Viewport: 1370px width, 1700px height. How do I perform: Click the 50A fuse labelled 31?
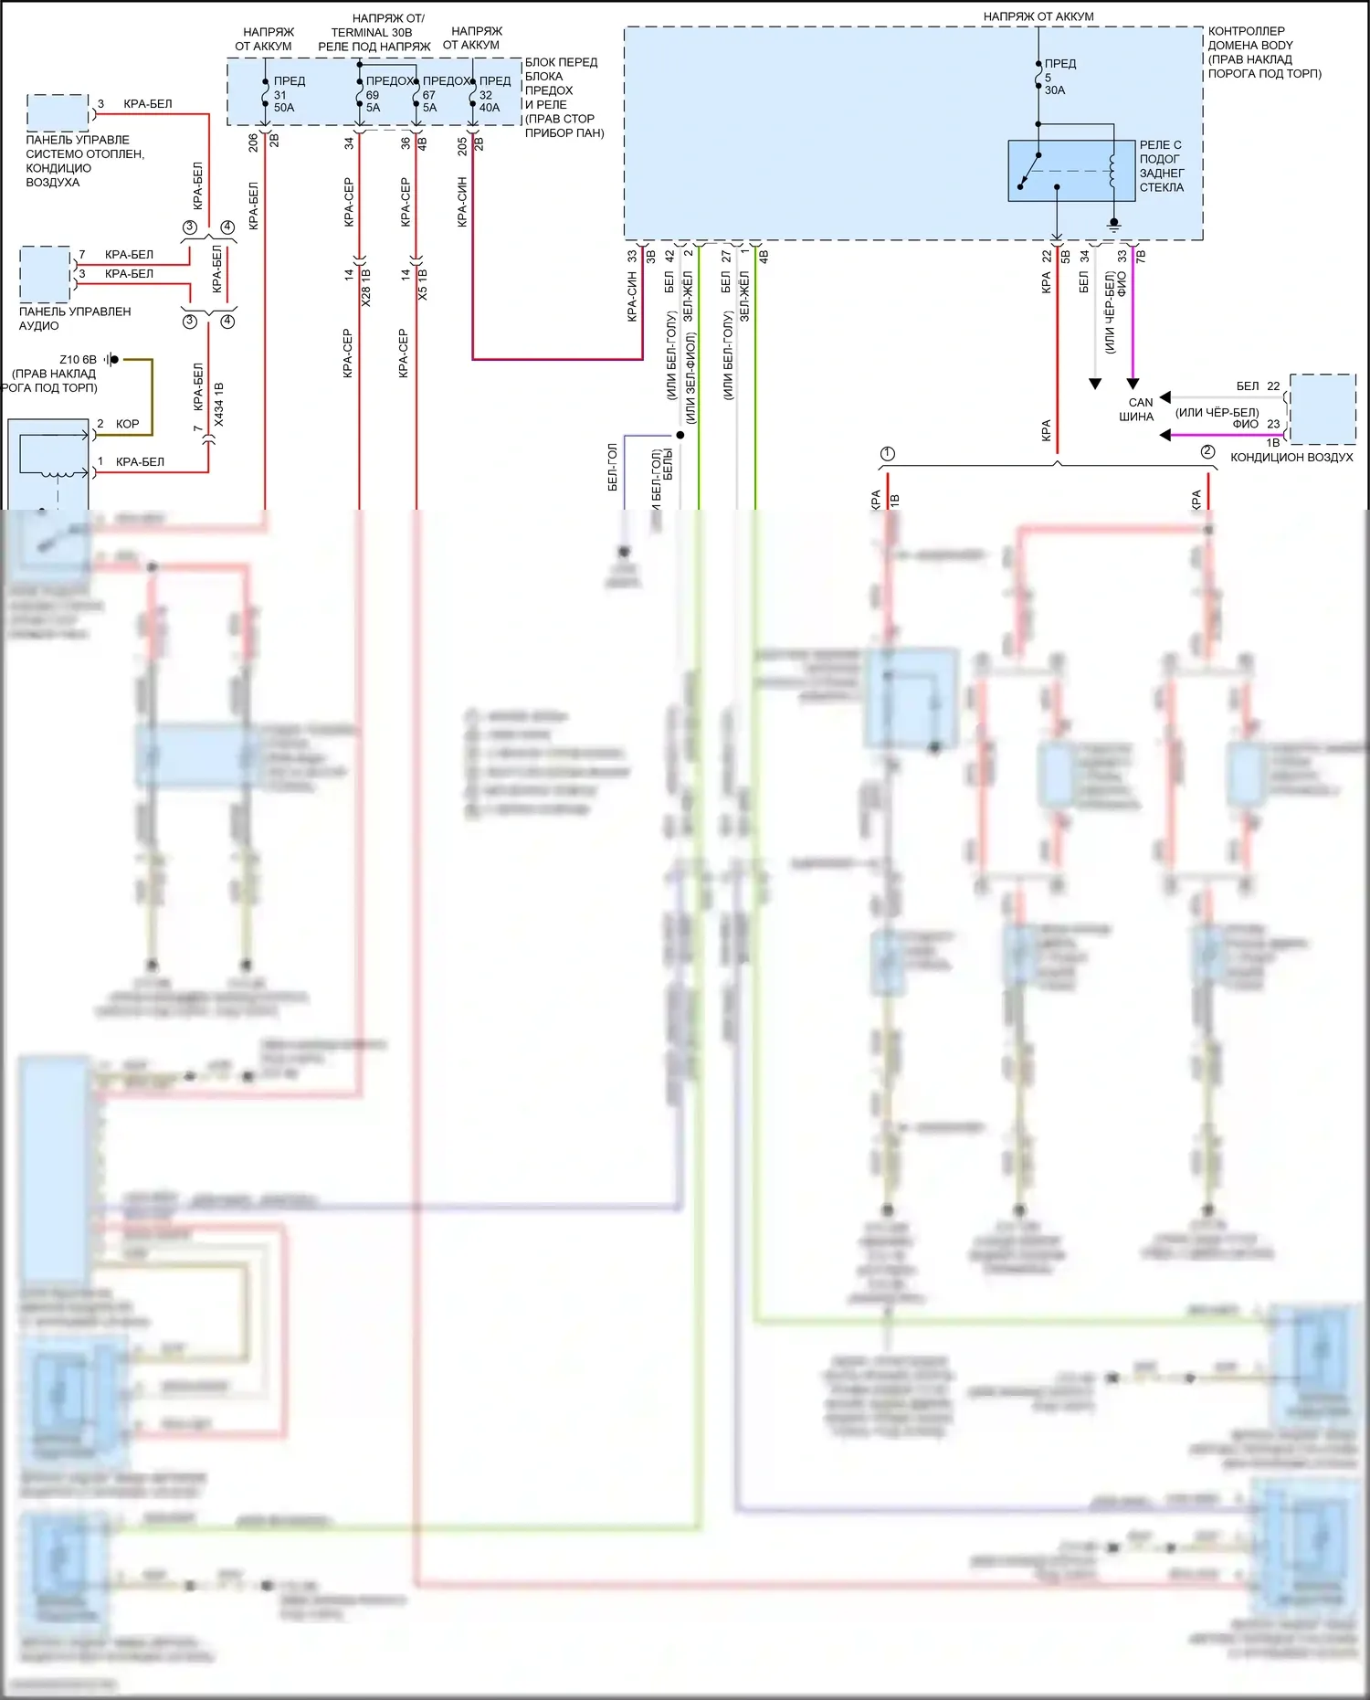[x=266, y=94]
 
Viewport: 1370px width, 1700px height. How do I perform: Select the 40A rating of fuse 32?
[x=490, y=108]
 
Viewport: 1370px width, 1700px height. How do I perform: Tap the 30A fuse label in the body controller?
[x=1055, y=90]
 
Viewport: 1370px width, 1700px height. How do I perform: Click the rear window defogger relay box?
[x=1071, y=170]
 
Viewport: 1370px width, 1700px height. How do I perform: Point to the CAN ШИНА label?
[x=1138, y=409]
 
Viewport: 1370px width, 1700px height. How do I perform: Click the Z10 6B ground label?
[x=78, y=360]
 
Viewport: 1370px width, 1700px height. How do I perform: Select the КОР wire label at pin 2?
[x=128, y=424]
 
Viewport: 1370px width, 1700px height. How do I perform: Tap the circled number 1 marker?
[x=888, y=454]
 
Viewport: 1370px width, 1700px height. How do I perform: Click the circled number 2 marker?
[x=1207, y=451]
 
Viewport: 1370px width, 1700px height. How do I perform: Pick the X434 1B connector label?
[x=218, y=405]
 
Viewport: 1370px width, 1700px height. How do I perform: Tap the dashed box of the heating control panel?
[x=58, y=112]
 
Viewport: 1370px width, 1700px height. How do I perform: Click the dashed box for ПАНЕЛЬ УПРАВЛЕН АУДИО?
[x=45, y=274]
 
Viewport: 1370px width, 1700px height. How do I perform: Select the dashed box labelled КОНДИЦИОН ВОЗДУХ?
[x=1322, y=408]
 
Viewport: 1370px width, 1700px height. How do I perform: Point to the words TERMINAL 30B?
[x=372, y=32]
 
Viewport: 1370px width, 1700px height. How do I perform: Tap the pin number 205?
[x=462, y=145]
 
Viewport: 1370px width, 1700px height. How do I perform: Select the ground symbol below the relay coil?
[x=1112, y=223]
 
